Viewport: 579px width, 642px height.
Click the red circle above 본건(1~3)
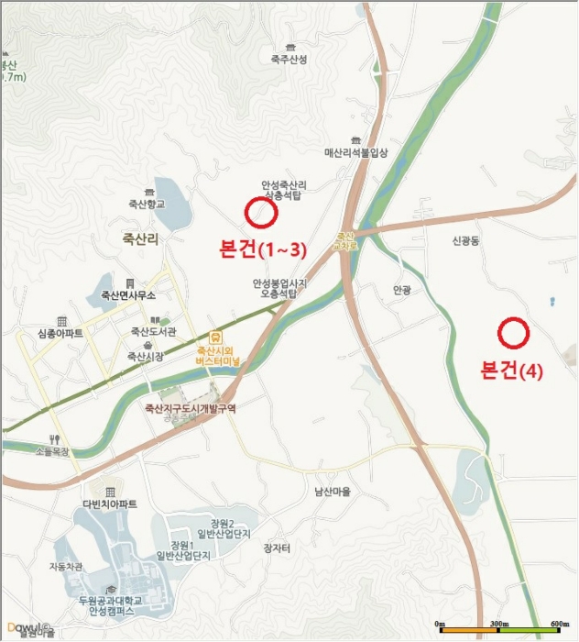(261, 213)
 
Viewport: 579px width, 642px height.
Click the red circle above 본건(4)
(513, 332)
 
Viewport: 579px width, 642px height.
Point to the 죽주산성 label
(289, 60)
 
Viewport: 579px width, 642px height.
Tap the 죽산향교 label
(147, 204)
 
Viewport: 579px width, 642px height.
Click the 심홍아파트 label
(61, 333)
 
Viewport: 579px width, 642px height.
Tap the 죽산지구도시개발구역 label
(190, 409)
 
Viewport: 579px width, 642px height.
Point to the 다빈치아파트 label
(109, 504)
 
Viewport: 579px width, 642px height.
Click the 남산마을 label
(333, 491)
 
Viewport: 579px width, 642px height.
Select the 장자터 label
(276, 548)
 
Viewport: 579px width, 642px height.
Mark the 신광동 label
(471, 241)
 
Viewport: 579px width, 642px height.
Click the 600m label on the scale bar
(557, 625)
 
